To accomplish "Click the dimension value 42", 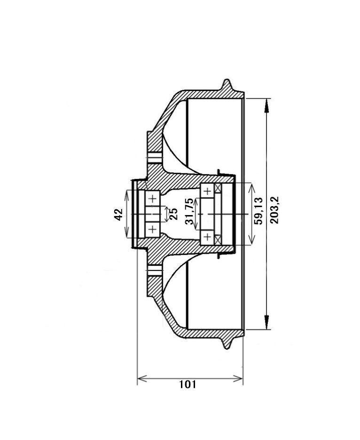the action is (x=119, y=215).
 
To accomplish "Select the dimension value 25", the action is (x=173, y=214).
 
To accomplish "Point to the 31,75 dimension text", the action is (x=189, y=212).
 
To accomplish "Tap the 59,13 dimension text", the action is (x=258, y=211).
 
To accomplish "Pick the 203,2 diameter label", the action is (x=274, y=210).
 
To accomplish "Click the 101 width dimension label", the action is (x=188, y=384).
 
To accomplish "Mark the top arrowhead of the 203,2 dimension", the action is (x=266, y=106).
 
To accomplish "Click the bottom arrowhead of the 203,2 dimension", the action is (x=266, y=322).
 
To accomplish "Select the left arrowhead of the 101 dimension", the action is (x=142, y=379).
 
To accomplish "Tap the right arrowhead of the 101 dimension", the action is (x=238, y=379).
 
